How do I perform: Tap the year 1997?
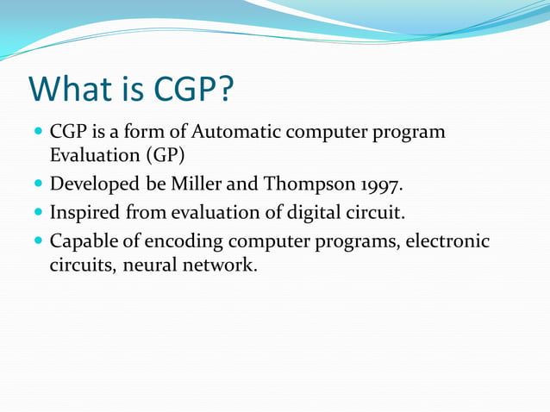(x=377, y=185)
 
